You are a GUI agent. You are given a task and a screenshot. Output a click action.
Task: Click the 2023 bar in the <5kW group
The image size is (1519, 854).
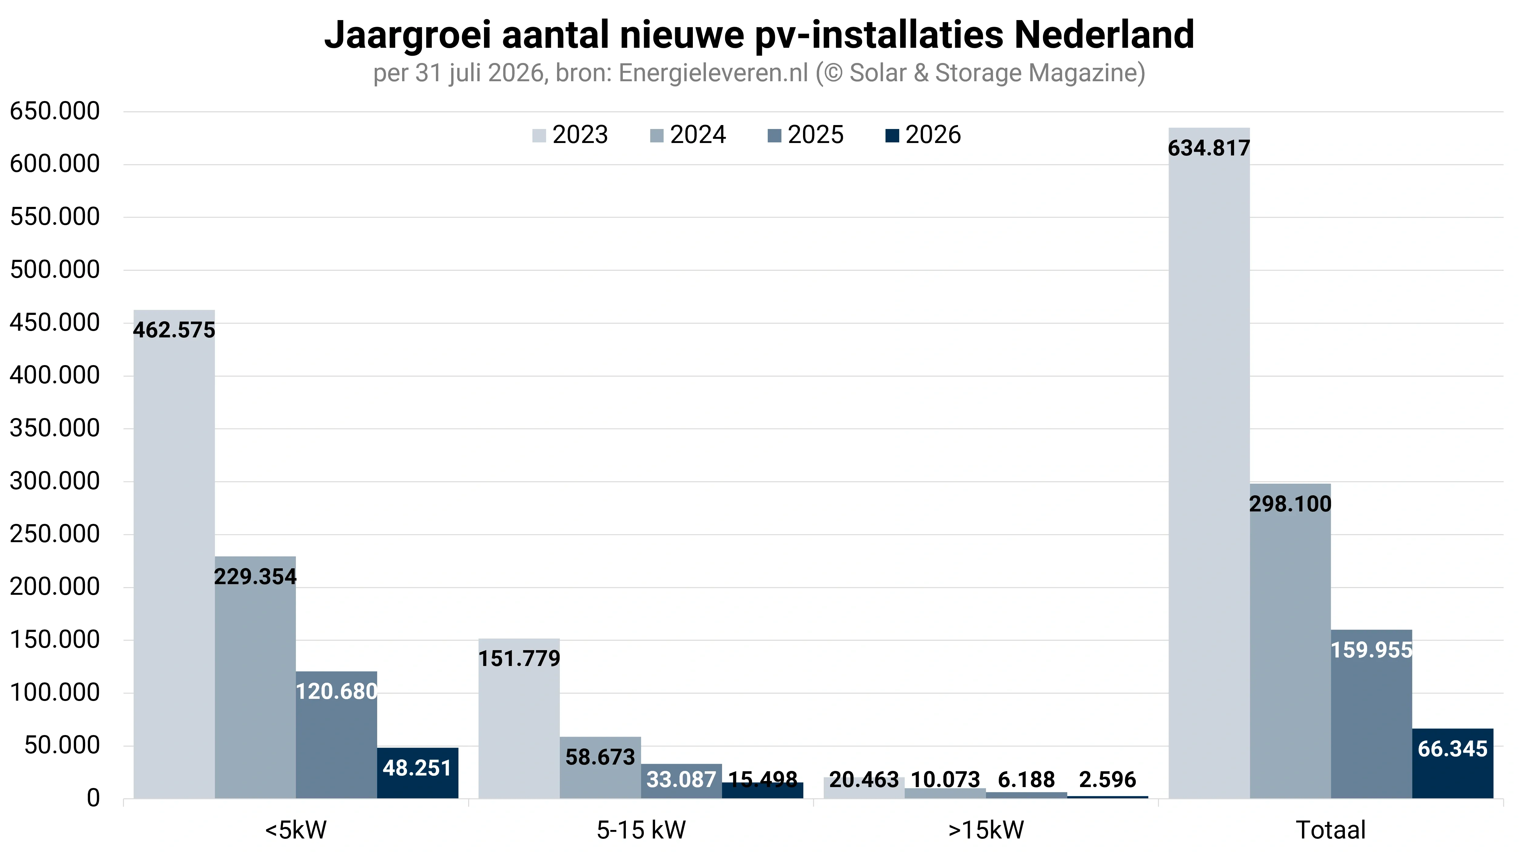(174, 554)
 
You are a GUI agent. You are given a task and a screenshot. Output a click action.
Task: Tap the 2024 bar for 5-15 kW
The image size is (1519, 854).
(600, 767)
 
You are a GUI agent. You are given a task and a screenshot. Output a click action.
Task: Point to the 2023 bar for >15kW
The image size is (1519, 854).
(864, 788)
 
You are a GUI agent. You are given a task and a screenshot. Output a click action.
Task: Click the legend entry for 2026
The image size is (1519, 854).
(923, 135)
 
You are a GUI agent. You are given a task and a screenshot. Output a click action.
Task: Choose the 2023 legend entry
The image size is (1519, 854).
(570, 135)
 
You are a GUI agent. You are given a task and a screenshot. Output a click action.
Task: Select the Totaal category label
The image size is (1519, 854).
(1330, 830)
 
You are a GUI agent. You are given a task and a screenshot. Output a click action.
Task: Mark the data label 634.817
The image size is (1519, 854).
(1209, 148)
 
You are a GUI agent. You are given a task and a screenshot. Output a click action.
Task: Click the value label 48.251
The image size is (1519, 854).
(417, 768)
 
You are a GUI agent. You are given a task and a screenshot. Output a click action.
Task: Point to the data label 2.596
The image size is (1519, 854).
(1107, 780)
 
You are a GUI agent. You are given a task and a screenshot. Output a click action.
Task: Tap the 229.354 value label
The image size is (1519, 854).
(255, 577)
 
